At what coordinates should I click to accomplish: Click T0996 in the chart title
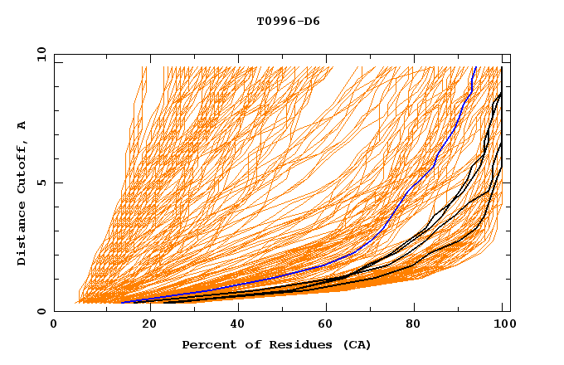[273, 22]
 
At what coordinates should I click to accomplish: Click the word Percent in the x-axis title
[207, 344]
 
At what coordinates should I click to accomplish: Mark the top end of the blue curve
[474, 68]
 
